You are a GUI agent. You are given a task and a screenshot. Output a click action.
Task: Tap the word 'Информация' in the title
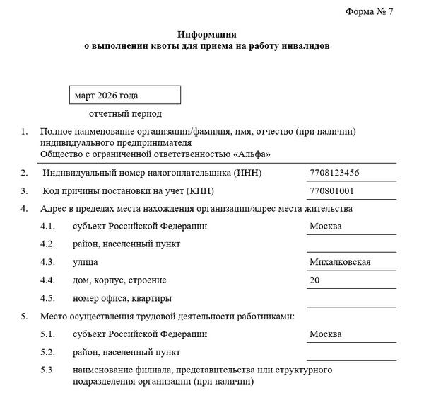[207, 34]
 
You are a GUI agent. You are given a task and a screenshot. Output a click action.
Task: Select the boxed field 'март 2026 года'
[125, 95]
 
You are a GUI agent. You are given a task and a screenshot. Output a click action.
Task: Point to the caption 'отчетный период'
[126, 114]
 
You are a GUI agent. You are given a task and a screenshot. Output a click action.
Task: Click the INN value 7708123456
[334, 173]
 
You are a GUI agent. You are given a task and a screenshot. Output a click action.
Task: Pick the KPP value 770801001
[331, 191]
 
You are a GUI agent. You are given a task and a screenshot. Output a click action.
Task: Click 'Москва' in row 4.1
[326, 227]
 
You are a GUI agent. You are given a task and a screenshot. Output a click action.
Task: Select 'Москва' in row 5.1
[326, 334]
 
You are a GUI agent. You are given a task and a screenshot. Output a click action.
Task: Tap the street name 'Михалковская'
[341, 263]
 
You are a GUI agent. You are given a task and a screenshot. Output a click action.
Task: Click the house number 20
[315, 280]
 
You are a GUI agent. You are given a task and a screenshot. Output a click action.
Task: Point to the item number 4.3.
[47, 263]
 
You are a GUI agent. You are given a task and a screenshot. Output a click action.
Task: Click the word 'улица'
[86, 263]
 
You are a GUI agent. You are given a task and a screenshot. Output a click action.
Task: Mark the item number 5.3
[47, 370]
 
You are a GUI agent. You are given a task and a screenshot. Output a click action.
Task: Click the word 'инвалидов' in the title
[305, 46]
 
